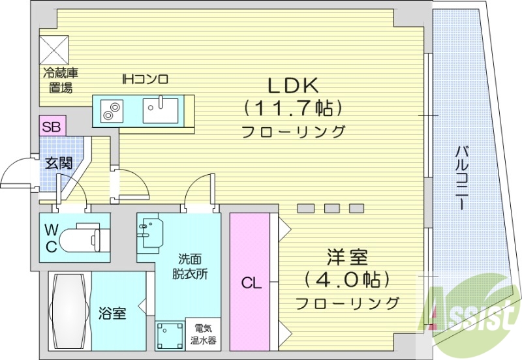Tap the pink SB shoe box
tap(51, 126)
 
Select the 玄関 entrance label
tap(58, 163)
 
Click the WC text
tap(51, 238)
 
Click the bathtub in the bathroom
tap(69, 312)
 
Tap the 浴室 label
tap(112, 314)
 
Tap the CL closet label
tap(251, 284)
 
